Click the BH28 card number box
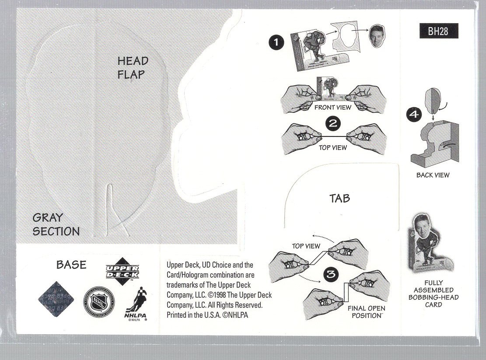tap(438, 31)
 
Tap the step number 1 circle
tap(276, 42)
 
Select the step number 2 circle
tap(333, 123)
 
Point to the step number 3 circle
tap(331, 274)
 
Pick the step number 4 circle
tap(413, 115)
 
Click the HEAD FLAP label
tap(133, 67)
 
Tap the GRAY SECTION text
tap(56, 224)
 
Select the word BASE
tap(71, 265)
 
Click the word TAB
tap(340, 198)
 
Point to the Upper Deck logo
tap(122, 272)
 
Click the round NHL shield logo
tap(98, 302)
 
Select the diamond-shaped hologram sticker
tap(56, 300)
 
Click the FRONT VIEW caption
tap(332, 107)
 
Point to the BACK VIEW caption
tap(433, 175)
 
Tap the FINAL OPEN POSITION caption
tap(366, 311)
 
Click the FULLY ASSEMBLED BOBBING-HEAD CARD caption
tap(433, 294)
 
